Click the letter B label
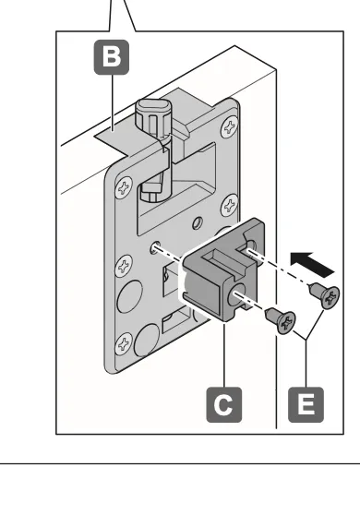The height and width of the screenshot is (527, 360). click(x=112, y=57)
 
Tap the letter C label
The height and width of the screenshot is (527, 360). click(x=224, y=404)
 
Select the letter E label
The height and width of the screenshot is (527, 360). click(x=306, y=404)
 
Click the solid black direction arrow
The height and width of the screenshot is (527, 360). click(x=312, y=265)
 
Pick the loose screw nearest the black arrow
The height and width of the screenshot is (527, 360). click(x=325, y=294)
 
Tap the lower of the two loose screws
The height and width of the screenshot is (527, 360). click(x=282, y=320)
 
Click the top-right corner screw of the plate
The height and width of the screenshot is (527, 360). click(x=230, y=127)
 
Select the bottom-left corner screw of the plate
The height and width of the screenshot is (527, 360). click(x=124, y=344)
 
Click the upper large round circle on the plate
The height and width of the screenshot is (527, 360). click(x=130, y=297)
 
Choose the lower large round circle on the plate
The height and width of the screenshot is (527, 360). click(x=147, y=339)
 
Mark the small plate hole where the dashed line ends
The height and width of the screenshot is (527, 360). click(x=155, y=247)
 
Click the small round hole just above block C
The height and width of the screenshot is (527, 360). click(x=198, y=222)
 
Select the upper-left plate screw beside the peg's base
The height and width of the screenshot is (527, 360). click(x=124, y=187)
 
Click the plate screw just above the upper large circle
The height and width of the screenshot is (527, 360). click(x=124, y=266)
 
